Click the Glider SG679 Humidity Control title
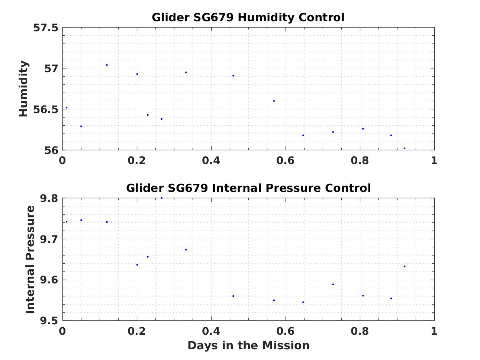pyautogui.click(x=248, y=17)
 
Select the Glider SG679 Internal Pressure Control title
pyautogui.click(x=248, y=188)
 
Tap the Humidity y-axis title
pyautogui.click(x=23, y=89)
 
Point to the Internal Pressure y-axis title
pyautogui.click(x=30, y=259)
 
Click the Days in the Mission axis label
pyautogui.click(x=248, y=345)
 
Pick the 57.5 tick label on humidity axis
pyautogui.click(x=46, y=28)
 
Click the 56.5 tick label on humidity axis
pyautogui.click(x=46, y=110)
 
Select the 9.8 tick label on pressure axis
pyautogui.click(x=49, y=198)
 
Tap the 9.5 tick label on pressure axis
pyautogui.click(x=49, y=321)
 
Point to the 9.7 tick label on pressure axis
pyautogui.click(x=49, y=239)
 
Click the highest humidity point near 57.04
pyautogui.click(x=107, y=65)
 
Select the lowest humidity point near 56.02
pyautogui.click(x=405, y=148)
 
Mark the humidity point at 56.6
pyautogui.click(x=274, y=101)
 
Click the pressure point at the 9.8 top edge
pyautogui.click(x=162, y=198)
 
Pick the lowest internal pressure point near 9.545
pyautogui.click(x=303, y=302)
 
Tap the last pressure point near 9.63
pyautogui.click(x=405, y=266)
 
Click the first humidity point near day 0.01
pyautogui.click(x=67, y=107)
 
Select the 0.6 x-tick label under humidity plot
pyautogui.click(x=285, y=161)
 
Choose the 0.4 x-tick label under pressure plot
pyautogui.click(x=211, y=331)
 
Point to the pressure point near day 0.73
pyautogui.click(x=333, y=285)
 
